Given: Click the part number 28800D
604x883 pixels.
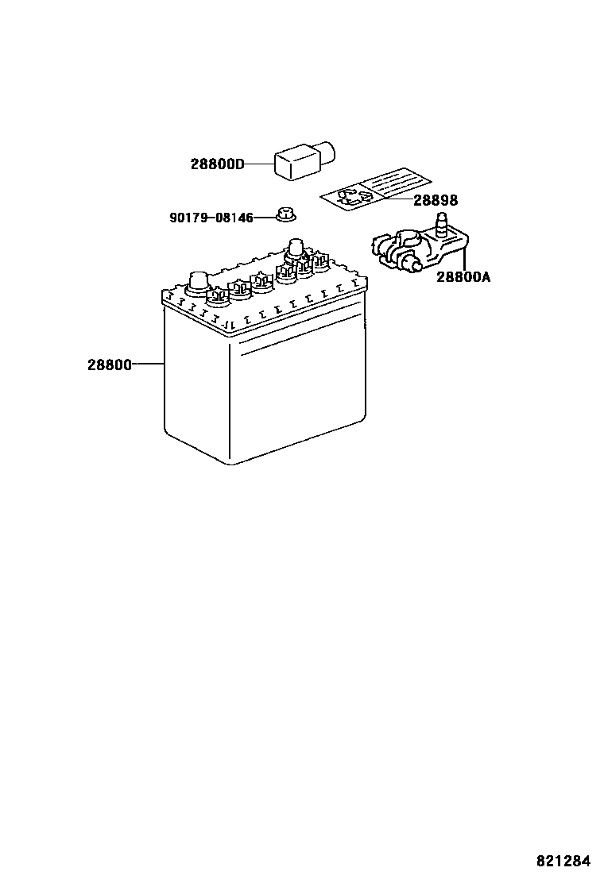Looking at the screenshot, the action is [217, 164].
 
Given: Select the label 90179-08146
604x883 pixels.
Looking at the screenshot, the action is [211, 217].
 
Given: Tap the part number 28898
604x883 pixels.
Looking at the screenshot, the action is [435, 201].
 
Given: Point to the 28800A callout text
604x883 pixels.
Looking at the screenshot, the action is [463, 277].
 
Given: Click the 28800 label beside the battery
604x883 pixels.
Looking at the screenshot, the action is [110, 364].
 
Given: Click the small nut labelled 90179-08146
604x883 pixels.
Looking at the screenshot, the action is [285, 214].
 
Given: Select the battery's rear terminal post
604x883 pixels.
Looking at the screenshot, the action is [296, 249].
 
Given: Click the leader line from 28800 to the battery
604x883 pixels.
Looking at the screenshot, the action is [147, 364].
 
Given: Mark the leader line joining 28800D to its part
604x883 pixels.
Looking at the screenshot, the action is [259, 164].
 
